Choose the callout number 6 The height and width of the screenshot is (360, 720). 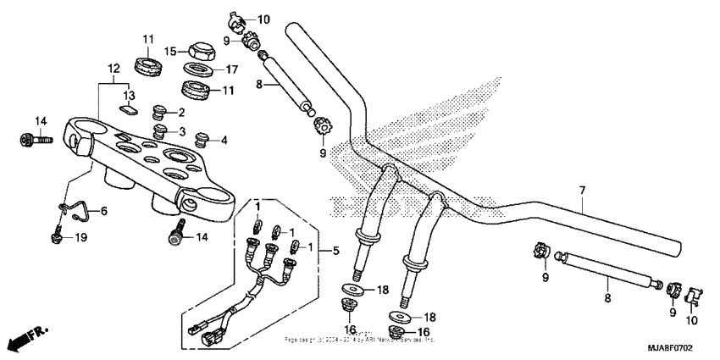(x=105, y=211)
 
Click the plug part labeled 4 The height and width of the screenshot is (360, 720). (x=202, y=139)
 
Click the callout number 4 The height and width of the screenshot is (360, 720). (x=223, y=140)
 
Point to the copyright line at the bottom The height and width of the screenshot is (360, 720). (x=359, y=339)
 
